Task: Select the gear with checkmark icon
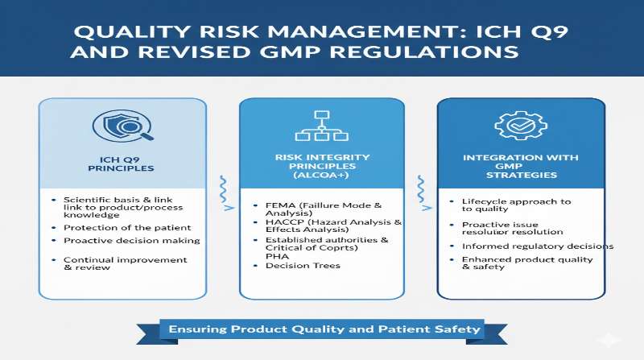[515, 126]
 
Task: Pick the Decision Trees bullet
[302, 265]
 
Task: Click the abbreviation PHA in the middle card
[278, 255]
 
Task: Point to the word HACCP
[285, 222]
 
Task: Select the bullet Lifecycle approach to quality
[515, 206]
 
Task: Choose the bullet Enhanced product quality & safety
[527, 263]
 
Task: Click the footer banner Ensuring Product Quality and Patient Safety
[324, 329]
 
